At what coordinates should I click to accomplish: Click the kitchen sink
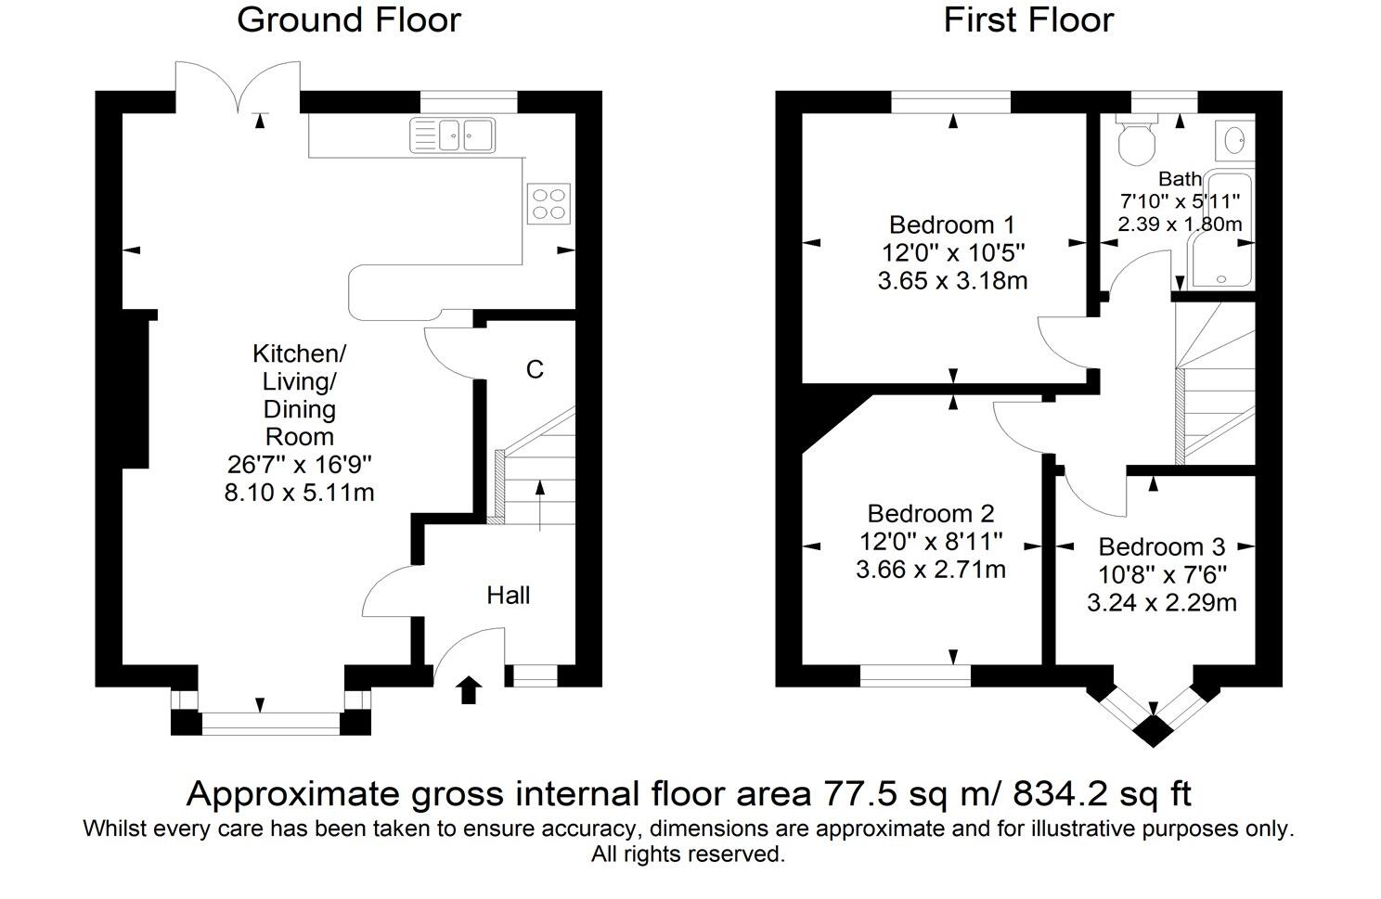tap(453, 135)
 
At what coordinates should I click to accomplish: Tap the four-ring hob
tap(549, 204)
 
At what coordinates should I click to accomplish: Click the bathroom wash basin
tap(1235, 140)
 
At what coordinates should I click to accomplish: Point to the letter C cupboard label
tap(535, 369)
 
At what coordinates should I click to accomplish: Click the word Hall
tap(508, 596)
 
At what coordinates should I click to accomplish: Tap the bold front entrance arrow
tap(469, 689)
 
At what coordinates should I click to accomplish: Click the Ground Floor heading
tap(349, 19)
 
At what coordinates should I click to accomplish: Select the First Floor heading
tap(1028, 19)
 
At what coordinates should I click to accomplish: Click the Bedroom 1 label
tap(951, 225)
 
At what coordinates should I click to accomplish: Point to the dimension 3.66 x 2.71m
tap(931, 570)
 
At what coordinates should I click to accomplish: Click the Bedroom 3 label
tap(1162, 546)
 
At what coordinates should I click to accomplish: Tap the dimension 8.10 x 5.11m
tap(299, 493)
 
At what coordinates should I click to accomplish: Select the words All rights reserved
tap(688, 854)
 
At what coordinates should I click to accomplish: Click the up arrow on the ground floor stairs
tap(540, 506)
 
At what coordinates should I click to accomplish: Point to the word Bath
tap(1180, 179)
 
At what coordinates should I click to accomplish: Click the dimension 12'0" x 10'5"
tap(953, 252)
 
